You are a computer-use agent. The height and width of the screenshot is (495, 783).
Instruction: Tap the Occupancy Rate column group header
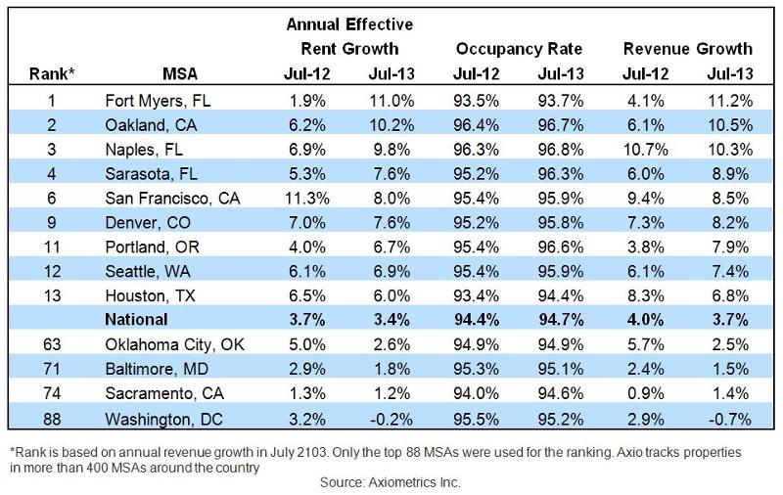click(519, 48)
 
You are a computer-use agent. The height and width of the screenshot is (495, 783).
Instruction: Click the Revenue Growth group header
click(687, 48)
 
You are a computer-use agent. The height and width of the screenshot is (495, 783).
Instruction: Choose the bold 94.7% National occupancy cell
click(562, 318)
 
